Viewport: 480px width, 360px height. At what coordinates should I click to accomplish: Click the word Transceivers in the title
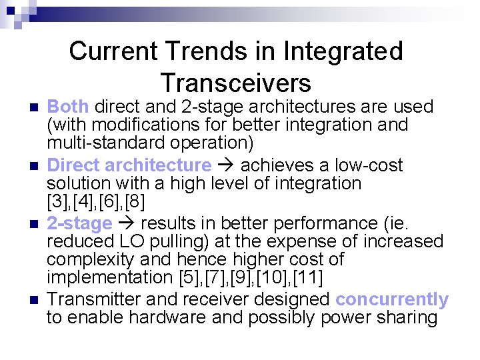(235, 83)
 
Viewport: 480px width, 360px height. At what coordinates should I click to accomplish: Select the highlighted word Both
(68, 107)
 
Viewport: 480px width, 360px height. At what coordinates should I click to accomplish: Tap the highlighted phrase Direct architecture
(129, 165)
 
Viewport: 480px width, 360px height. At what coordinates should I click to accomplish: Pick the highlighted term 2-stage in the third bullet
(79, 223)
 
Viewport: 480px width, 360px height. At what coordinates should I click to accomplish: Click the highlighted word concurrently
(392, 299)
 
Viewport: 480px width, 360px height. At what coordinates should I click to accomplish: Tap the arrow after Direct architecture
(225, 165)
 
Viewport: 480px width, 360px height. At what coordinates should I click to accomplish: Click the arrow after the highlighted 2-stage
(127, 223)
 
